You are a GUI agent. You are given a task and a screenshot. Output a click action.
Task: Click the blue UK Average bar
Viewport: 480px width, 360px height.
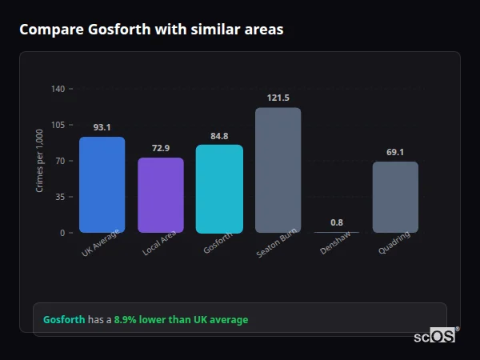(x=102, y=185)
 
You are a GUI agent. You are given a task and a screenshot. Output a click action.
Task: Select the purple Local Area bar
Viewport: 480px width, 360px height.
(x=161, y=195)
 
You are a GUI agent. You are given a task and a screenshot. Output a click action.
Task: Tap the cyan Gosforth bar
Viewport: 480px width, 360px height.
(x=219, y=189)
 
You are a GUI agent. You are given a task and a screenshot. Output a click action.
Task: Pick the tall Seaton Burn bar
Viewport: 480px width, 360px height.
(x=278, y=170)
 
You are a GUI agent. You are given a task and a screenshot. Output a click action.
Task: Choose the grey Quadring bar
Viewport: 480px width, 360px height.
(x=395, y=197)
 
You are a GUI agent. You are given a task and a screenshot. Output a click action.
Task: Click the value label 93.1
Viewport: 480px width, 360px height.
(x=102, y=127)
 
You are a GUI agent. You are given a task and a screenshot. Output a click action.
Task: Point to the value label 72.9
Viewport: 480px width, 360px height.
(x=161, y=148)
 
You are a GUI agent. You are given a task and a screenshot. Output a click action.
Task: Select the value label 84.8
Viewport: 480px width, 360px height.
(x=219, y=135)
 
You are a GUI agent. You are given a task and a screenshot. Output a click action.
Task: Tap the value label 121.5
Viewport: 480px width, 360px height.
(x=278, y=98)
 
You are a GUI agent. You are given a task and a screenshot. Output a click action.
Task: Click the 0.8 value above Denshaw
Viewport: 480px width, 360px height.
(x=337, y=222)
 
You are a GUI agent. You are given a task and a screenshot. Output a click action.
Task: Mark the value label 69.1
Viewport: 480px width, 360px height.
(x=395, y=152)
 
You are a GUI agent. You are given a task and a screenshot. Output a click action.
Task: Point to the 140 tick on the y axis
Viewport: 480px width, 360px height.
(x=58, y=89)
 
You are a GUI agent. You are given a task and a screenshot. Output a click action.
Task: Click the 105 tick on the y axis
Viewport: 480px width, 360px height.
(x=58, y=125)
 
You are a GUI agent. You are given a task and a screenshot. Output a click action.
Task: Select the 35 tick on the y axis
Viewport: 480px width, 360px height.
(x=59, y=197)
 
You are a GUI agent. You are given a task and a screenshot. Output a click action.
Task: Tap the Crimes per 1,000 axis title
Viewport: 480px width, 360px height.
(x=40, y=160)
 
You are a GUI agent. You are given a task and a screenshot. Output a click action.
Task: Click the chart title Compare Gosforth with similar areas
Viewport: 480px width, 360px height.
(x=151, y=30)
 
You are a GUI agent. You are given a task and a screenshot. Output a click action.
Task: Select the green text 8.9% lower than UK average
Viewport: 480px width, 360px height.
(x=180, y=320)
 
